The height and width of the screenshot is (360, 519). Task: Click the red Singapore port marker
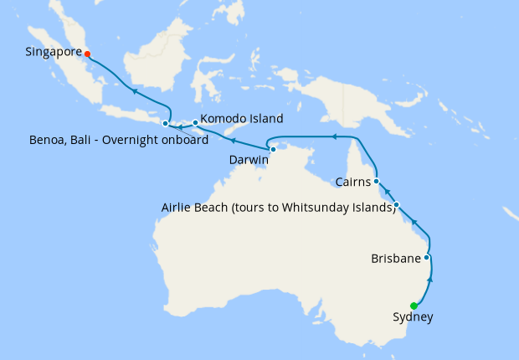coord(87,54)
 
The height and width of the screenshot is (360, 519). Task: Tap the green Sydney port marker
coord(414,306)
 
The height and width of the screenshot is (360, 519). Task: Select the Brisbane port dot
coord(427,258)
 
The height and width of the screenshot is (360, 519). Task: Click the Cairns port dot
coord(377,181)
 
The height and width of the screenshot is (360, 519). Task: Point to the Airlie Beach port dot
coord(397,205)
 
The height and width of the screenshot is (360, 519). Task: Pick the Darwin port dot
coord(273,149)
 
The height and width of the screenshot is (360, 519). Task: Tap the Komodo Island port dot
coord(195,123)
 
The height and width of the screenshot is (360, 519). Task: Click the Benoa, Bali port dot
coord(165,124)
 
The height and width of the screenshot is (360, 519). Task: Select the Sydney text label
coord(413,317)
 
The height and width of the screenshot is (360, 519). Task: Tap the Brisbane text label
coord(396,259)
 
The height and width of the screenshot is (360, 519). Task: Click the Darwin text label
coord(249,159)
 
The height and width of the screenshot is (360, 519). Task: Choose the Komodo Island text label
coord(242,119)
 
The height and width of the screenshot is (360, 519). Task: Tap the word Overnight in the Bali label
coord(135,140)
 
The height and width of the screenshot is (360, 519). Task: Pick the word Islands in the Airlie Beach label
coord(373,207)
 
